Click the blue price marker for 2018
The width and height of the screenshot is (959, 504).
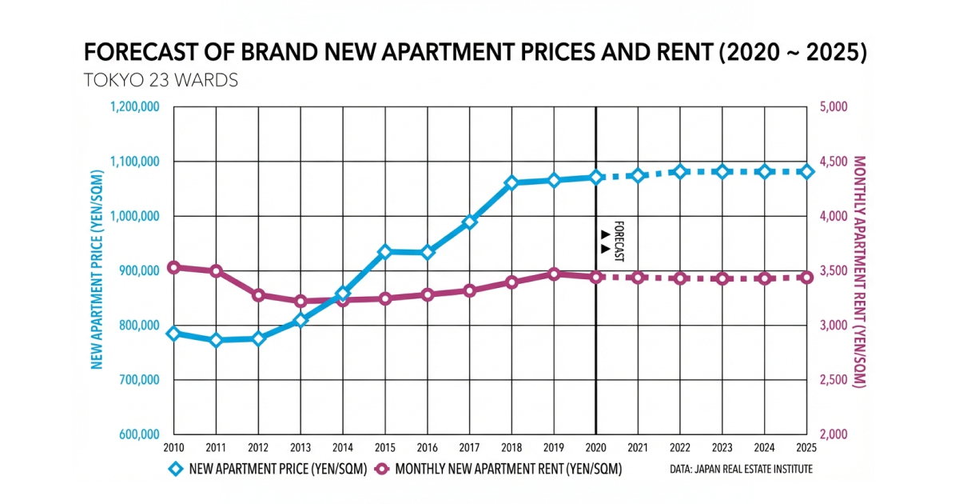pos(511,183)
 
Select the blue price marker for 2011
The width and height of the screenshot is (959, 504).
pos(216,340)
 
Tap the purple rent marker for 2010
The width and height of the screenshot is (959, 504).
pos(173,267)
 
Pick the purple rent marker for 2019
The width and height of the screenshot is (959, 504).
pos(553,274)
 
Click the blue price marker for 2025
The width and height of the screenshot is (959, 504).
pos(807,171)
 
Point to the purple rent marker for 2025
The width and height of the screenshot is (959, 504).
pos(807,278)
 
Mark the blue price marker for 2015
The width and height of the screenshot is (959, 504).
pos(384,252)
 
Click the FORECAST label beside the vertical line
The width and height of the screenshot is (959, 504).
pos(618,240)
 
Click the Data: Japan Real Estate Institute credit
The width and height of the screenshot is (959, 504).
pos(741,469)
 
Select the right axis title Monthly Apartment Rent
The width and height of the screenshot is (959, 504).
pos(860,272)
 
